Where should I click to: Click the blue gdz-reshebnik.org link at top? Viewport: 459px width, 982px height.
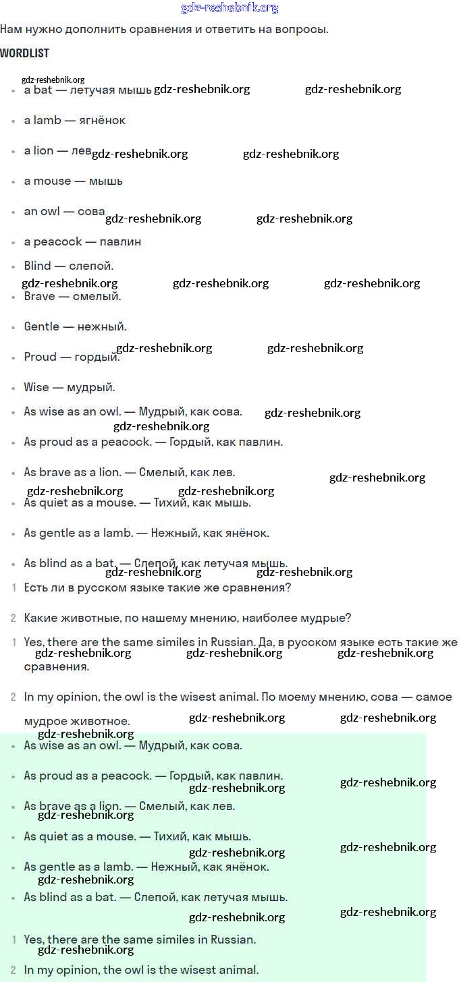coord(230,8)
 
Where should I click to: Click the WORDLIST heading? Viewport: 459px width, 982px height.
coord(24,53)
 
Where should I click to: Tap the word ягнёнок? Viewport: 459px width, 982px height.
coord(102,120)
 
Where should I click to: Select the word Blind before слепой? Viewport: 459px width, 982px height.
coord(37,266)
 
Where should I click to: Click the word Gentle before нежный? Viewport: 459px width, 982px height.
coord(42,326)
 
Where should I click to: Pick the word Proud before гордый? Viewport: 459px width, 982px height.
coord(40,357)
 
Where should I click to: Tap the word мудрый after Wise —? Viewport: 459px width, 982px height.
coord(91,388)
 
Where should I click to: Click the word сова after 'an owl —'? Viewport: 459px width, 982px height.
coord(91,211)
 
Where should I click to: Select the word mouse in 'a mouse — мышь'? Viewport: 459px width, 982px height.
coord(52,181)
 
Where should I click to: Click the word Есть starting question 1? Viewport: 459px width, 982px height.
coord(36,587)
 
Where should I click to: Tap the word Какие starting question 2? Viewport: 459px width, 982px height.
coord(40,618)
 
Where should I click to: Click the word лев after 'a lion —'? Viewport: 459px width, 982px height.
coord(81,150)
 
